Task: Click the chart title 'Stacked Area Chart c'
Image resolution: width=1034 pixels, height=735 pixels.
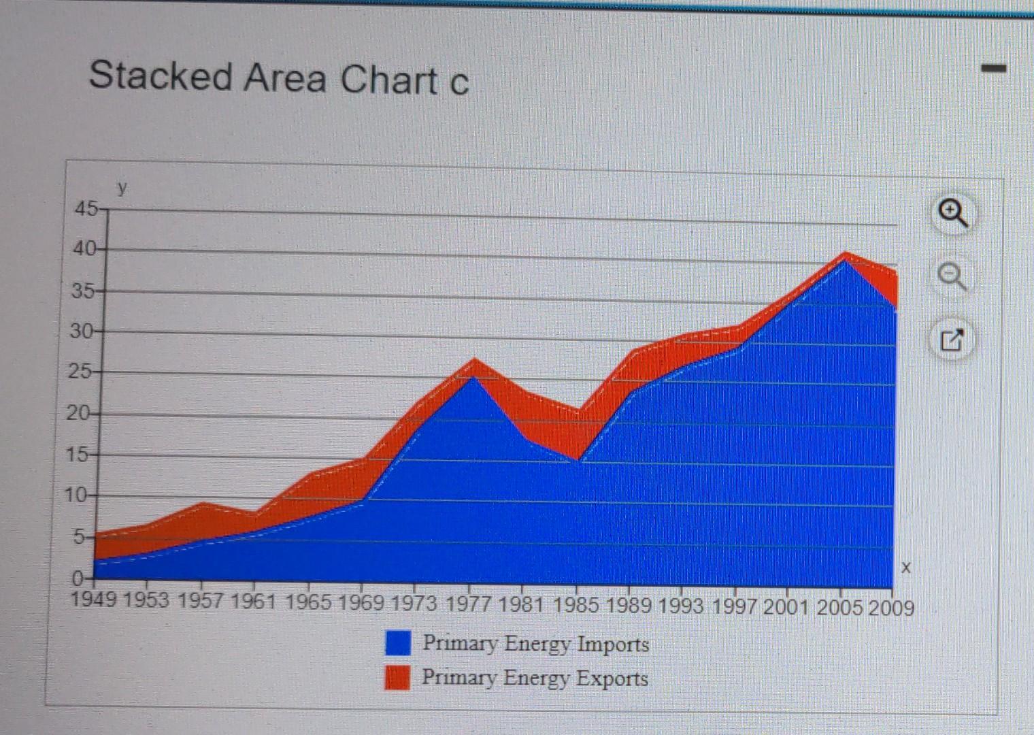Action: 278,78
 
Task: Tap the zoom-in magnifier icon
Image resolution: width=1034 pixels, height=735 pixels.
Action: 952,214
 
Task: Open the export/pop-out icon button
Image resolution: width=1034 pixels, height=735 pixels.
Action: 952,340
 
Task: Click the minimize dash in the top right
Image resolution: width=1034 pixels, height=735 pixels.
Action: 993,69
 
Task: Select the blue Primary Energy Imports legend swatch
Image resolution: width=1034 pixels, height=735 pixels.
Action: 398,642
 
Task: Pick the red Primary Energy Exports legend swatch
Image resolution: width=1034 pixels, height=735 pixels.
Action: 397,677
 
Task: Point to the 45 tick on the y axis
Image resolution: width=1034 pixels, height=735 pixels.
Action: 86,209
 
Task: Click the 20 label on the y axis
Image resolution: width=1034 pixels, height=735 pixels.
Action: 78,413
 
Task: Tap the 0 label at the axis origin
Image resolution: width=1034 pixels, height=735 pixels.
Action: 77,579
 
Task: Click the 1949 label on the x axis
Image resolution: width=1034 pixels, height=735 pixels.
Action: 94,600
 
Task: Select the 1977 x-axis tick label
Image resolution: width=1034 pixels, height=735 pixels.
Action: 469,604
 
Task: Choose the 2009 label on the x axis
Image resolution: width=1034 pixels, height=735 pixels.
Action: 891,608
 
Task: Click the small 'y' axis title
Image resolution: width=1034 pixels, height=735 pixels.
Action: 122,188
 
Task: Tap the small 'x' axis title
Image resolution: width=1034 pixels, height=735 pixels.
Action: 905,568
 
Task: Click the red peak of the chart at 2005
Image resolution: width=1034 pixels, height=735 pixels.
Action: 845,254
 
